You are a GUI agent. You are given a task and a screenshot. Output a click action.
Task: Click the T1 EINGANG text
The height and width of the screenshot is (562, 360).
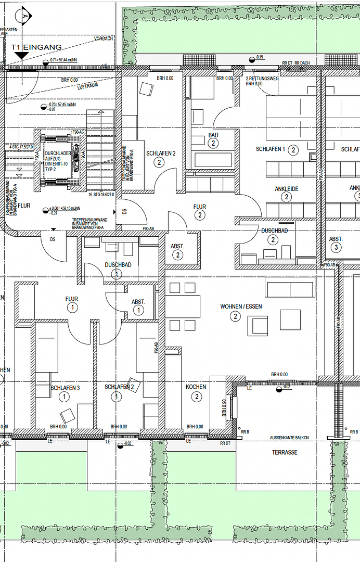point(36,47)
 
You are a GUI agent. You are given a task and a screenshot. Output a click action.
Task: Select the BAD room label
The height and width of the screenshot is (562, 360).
point(213,135)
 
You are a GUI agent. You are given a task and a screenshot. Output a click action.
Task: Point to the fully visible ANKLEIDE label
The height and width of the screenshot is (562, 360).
point(287,189)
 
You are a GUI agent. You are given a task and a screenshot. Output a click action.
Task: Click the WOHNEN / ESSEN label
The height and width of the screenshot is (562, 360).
point(241,306)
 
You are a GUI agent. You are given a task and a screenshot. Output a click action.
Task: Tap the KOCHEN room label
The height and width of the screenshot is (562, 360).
point(196,387)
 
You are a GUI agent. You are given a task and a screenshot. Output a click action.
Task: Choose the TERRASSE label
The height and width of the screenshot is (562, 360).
point(285,453)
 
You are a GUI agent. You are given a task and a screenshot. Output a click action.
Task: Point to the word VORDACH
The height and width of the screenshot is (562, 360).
point(104,39)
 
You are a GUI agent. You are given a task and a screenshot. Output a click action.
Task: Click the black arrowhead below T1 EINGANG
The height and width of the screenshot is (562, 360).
point(22,55)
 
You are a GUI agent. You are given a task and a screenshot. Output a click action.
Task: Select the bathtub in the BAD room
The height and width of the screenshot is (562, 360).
point(213,160)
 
